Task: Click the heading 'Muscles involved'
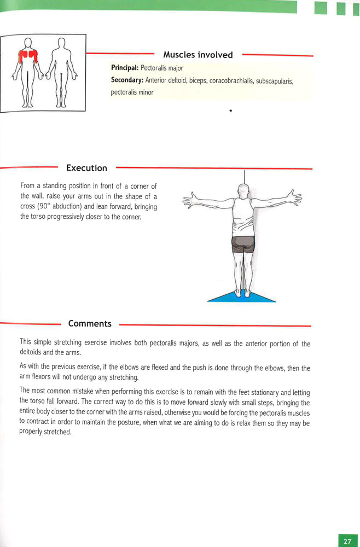coord(198,55)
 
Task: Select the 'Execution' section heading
coord(86,168)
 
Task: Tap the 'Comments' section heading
coord(90,323)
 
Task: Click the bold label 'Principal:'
coord(125,68)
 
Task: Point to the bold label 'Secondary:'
coord(127,80)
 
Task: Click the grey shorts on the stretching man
coord(243,244)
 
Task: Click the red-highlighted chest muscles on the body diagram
coord(26,55)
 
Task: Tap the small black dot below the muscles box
coord(231,110)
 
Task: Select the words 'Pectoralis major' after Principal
coord(161,68)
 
